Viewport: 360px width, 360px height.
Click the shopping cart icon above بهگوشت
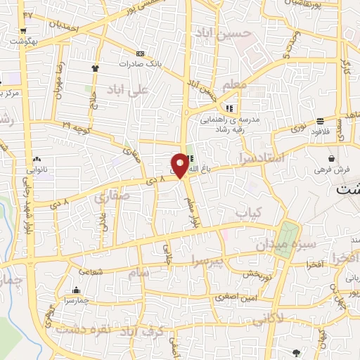[24, 31]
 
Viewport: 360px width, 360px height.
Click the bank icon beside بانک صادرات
[140, 53]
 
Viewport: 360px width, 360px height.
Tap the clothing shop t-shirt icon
[95, 67]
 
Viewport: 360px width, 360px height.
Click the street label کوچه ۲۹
[76, 126]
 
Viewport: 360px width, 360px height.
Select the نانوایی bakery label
[39, 169]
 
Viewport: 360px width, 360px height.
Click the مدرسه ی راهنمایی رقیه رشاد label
[232, 124]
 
